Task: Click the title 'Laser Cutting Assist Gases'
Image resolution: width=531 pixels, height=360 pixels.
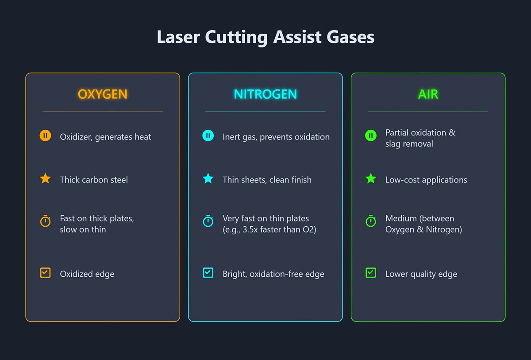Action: point(265,37)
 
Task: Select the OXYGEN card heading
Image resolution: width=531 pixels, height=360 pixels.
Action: point(103,94)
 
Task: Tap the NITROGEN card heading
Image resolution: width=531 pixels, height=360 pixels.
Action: point(265,94)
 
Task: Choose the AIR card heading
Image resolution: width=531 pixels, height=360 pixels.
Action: point(428,94)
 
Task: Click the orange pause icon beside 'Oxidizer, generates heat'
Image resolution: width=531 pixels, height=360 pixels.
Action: point(45,136)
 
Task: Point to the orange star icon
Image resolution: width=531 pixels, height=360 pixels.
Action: point(45,179)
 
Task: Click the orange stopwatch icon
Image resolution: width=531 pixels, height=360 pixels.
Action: point(45,221)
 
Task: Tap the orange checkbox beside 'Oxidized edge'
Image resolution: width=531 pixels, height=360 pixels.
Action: point(45,273)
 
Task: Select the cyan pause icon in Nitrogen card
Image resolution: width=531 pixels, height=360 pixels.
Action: point(208,136)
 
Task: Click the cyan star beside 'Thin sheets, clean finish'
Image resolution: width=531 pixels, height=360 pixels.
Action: point(208,179)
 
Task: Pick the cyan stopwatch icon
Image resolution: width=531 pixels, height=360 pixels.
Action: point(208,221)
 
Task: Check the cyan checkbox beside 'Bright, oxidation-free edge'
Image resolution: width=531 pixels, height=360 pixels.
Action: point(208,273)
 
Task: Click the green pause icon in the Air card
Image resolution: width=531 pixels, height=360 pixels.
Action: point(371,136)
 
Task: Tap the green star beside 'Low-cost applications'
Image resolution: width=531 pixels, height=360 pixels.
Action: point(371,179)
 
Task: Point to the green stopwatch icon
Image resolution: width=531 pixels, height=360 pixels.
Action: point(371,221)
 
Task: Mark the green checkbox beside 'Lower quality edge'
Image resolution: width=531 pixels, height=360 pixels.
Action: point(371,273)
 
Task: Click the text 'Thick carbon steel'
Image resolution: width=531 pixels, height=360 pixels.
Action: point(94,180)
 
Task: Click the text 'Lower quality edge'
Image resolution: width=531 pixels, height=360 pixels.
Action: point(421,274)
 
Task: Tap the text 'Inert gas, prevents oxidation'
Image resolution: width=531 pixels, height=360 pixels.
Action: point(276,137)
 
